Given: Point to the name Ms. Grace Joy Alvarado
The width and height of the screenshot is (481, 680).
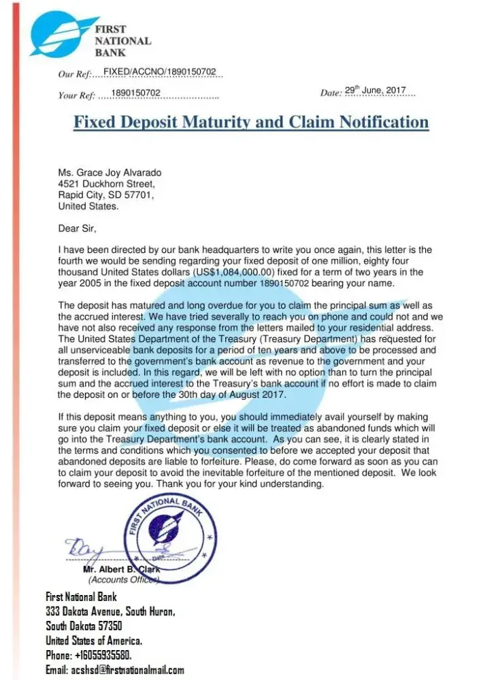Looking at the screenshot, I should [110, 173].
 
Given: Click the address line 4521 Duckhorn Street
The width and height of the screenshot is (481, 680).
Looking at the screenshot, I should [107, 184].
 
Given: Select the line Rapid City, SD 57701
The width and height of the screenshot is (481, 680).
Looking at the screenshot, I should [106, 195].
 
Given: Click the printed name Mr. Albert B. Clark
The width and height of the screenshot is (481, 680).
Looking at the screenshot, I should [121, 569].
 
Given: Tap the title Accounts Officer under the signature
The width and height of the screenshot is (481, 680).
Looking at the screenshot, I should [123, 580].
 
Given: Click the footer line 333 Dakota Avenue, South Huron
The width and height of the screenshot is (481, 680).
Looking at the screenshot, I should [110, 611].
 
